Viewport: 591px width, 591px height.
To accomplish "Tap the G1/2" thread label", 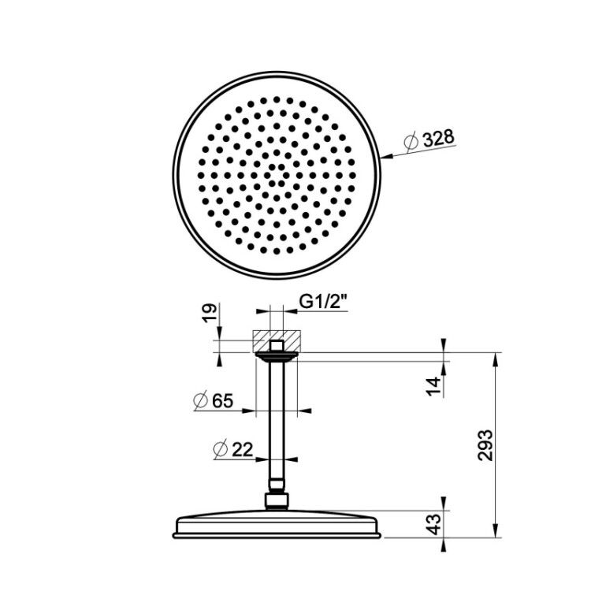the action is coord(323,302).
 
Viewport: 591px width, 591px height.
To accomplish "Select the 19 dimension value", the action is coord(210,313).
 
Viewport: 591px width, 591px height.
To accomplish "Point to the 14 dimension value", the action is coord(434,386).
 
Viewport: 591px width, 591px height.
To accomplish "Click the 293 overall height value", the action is coord(485,444).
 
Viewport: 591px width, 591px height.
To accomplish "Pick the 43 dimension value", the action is coord(434,524).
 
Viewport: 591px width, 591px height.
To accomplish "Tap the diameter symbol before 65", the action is coord(201,400).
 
